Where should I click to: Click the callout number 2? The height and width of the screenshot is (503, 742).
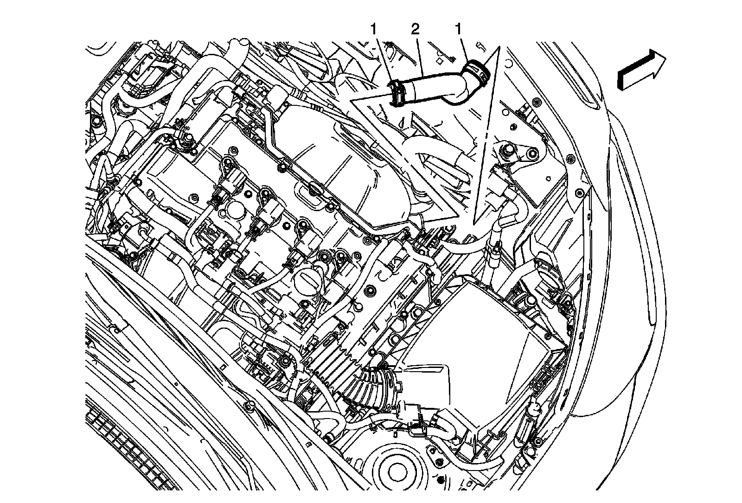coord(415,29)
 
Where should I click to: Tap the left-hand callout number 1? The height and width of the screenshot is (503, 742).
coord(373,29)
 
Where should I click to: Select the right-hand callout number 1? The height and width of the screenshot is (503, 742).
coord(458,29)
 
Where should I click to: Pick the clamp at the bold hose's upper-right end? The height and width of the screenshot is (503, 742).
coord(477,70)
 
